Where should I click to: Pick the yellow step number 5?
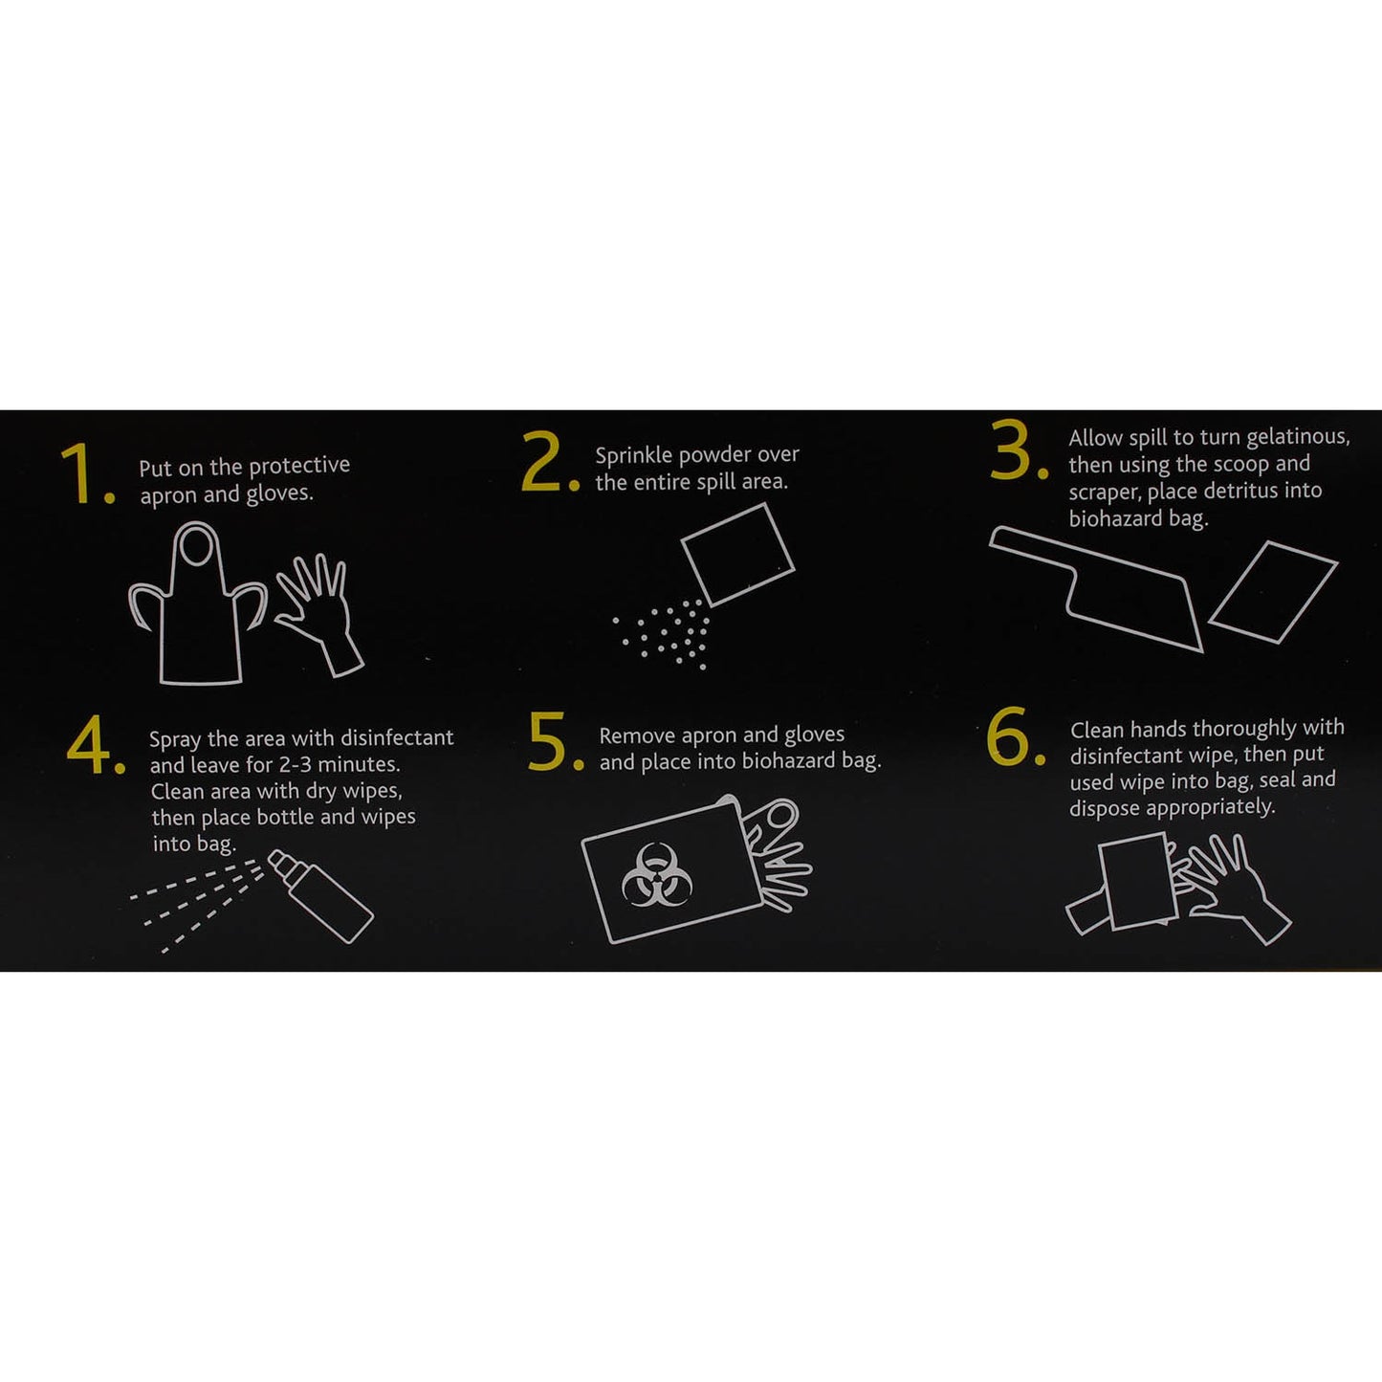point(550,742)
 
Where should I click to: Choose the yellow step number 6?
point(1009,737)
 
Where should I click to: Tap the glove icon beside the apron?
point(319,612)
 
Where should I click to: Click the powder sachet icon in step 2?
point(737,554)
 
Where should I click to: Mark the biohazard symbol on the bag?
point(656,874)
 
